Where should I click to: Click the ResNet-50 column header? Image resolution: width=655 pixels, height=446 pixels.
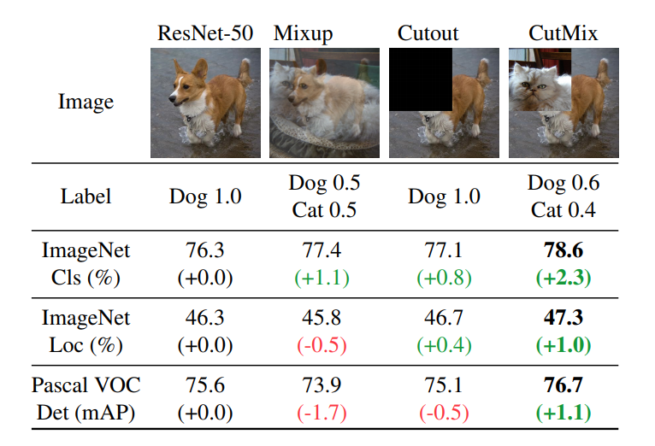pos(205,34)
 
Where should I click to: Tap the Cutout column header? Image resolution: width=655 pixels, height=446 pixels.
pos(428,34)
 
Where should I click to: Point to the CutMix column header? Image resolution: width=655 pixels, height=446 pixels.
pos(563,34)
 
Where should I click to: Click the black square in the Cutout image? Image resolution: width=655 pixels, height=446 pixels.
pos(420,79)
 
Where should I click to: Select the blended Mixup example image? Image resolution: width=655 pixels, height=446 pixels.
pos(324,103)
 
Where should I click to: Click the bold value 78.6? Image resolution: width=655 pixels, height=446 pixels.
pos(564,250)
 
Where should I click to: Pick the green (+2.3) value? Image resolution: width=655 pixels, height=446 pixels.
pos(564,278)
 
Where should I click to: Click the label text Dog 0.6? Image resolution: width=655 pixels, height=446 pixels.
pos(564,183)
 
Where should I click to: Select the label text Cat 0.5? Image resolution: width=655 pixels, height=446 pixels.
pos(324,210)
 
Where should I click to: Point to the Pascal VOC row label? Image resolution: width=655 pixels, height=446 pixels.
pos(86,385)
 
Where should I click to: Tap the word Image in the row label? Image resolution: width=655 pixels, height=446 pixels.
pos(86,103)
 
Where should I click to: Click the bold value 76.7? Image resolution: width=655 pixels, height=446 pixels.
pos(564,385)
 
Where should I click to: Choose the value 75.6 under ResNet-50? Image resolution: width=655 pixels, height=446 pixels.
pos(205,385)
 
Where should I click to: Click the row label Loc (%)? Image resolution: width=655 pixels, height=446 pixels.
pos(86,345)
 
